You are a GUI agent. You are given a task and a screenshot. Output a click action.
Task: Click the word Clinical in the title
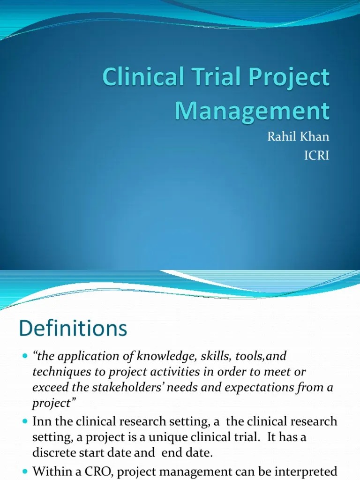(143, 77)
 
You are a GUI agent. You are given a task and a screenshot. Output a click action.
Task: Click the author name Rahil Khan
(298, 136)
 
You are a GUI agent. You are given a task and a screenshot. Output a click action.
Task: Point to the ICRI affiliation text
(316, 156)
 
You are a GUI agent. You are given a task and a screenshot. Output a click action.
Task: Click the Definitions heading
(73, 328)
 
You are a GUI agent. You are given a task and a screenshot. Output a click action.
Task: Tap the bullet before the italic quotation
(25, 356)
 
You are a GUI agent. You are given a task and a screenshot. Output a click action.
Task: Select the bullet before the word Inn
(25, 421)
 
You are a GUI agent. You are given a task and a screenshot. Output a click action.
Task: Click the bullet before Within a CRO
(25, 472)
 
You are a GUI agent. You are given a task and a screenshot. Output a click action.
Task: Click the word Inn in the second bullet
(42, 421)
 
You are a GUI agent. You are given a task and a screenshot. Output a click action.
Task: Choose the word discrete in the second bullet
(53, 453)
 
